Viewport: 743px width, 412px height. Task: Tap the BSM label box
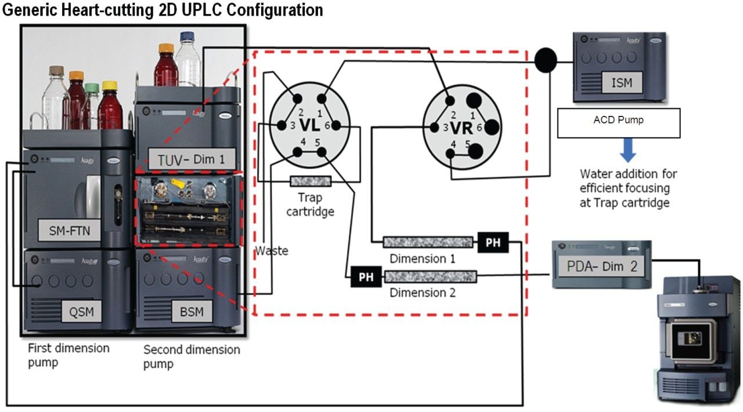(192, 312)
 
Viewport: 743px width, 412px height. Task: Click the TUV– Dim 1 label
(188, 159)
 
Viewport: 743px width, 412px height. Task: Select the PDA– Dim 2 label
(602, 267)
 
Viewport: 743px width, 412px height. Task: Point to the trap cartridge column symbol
(310, 181)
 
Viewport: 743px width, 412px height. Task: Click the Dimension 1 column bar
(428, 242)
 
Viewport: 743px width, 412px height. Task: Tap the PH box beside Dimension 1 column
(492, 243)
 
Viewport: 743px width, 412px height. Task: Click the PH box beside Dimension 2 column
(366, 277)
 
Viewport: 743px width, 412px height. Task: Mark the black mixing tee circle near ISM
(544, 60)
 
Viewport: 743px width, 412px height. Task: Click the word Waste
(272, 251)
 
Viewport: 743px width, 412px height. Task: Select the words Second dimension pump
(191, 356)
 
